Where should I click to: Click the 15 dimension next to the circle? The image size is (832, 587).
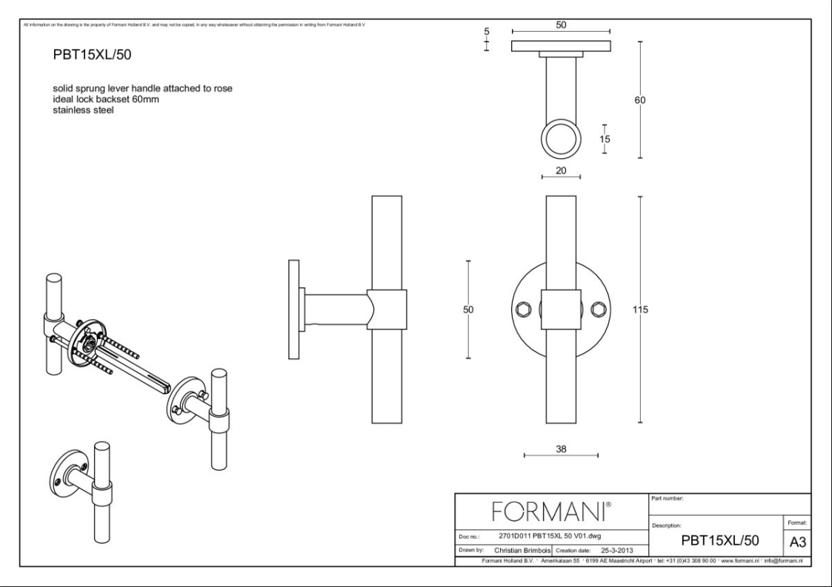605,138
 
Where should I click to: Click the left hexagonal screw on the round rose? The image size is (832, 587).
522,309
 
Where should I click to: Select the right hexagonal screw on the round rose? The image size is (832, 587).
599,309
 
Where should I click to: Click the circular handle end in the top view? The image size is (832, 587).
561,139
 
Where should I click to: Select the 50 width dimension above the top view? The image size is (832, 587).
561,24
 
